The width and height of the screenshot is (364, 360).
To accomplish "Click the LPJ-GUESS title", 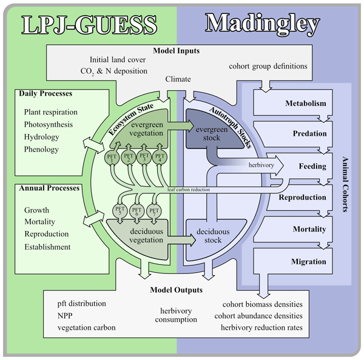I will pyautogui.click(x=89, y=25).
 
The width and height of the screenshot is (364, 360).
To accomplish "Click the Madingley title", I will pyautogui.click(x=262, y=24).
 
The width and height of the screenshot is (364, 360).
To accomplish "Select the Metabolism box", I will pyautogui.click(x=306, y=103).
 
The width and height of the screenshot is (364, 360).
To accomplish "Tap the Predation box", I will pyautogui.click(x=306, y=133).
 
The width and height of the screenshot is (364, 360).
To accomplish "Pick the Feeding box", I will pyautogui.click(x=312, y=165).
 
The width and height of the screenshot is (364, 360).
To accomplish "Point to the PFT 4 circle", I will pyautogui.click(x=160, y=158).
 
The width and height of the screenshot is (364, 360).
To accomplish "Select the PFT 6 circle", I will pyautogui.click(x=136, y=212).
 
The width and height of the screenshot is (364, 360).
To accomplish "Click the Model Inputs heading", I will pyautogui.click(x=176, y=51).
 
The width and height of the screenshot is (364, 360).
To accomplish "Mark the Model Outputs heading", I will pyautogui.click(x=176, y=290).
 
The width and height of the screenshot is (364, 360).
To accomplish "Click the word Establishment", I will pyautogui.click(x=47, y=247).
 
